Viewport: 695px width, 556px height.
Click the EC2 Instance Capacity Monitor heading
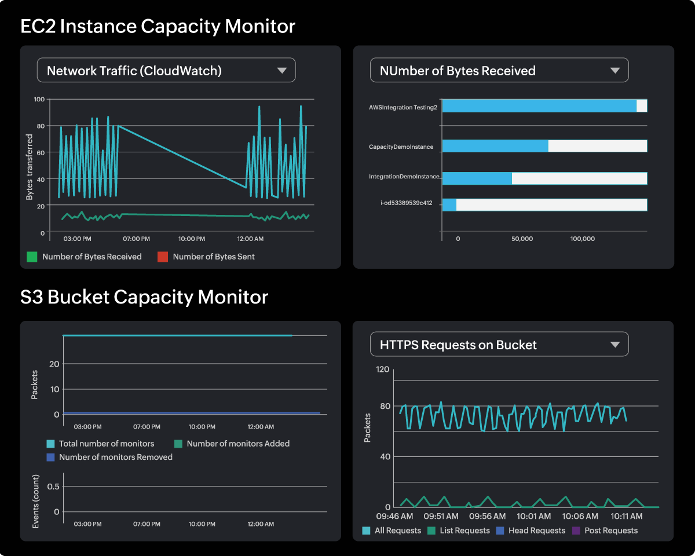coord(158,27)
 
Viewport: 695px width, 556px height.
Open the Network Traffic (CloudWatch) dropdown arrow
coord(282,71)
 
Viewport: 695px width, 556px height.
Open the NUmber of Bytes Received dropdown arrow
coord(615,71)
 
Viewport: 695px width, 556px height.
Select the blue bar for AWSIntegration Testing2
coord(539,106)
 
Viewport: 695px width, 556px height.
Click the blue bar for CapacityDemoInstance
coord(495,146)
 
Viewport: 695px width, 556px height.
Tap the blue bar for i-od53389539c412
coord(449,204)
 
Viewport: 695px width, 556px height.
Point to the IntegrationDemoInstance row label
coord(405,176)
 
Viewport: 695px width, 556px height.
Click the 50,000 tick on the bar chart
coord(522,239)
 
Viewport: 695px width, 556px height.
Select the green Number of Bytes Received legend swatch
coord(32,257)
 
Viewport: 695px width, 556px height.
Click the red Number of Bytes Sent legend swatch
coord(163,257)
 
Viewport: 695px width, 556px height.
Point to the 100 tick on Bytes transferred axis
coord(39,99)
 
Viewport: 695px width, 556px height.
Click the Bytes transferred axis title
coord(29,166)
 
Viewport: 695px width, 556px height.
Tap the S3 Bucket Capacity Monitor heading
coord(144,297)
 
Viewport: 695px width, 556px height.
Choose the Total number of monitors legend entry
coord(100,444)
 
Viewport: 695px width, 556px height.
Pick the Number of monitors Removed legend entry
coord(109,457)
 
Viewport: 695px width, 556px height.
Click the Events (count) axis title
coord(35,501)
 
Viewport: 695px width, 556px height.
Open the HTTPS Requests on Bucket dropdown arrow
coord(615,345)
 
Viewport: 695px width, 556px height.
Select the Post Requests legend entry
coord(605,531)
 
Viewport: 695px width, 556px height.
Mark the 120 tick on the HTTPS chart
coord(383,369)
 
